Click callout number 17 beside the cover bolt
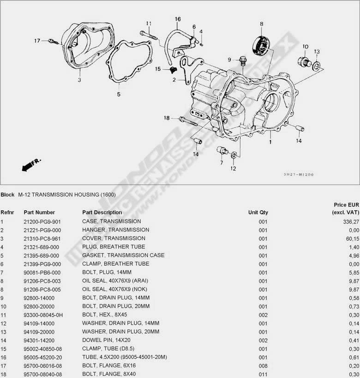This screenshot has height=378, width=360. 37,41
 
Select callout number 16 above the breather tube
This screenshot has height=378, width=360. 178,19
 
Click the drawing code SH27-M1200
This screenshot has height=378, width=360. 299,175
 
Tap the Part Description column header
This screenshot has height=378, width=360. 102,213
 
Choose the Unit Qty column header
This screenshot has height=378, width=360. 258,213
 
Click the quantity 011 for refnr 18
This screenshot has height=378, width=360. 263,374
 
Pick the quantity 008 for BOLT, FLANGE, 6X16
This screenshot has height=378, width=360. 263,366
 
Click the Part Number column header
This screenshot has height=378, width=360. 39,213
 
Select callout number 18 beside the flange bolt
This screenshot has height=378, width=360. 167,118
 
